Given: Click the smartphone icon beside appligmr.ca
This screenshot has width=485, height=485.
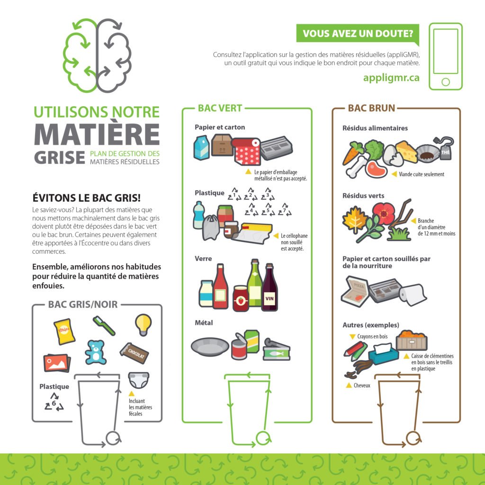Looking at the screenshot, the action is click(x=445, y=56).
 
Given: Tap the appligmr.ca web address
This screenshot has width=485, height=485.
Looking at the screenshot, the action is click(x=391, y=77).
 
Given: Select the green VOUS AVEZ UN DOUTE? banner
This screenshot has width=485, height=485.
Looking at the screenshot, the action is click(x=358, y=34).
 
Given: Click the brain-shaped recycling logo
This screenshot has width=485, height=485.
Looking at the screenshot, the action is click(x=97, y=55).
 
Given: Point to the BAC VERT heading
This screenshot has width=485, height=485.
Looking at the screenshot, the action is click(x=220, y=108).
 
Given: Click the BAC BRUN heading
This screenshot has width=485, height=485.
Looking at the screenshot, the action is click(x=371, y=108).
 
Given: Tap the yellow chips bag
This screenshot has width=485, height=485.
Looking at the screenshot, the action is click(x=64, y=331).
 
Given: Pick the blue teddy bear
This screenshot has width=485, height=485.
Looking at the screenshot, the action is click(x=95, y=352).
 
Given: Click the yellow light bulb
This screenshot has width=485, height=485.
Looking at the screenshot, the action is click(x=143, y=324).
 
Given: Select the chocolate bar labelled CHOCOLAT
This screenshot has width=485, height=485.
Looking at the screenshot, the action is click(x=134, y=353).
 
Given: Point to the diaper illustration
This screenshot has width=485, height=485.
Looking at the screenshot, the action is click(x=139, y=380).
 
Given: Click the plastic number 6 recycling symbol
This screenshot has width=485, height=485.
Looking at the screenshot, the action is click(x=54, y=402).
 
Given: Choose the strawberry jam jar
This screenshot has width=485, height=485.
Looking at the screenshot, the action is click(x=241, y=298).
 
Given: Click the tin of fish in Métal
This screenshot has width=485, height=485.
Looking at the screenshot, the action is click(x=276, y=350).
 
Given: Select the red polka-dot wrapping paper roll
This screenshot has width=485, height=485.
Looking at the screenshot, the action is click(x=246, y=151).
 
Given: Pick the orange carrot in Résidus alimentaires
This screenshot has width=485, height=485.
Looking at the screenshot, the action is click(x=352, y=154).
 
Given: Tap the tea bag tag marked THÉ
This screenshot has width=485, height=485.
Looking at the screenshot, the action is click(x=444, y=149).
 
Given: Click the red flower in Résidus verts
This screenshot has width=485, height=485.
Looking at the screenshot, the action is click(x=384, y=214).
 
